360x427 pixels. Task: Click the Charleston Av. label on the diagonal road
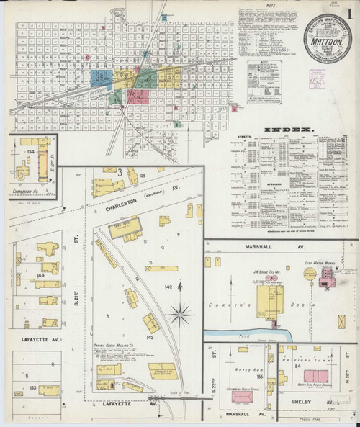pyautogui.click(x=125, y=204)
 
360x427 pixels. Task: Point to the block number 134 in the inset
pyautogui.click(x=31, y=152)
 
